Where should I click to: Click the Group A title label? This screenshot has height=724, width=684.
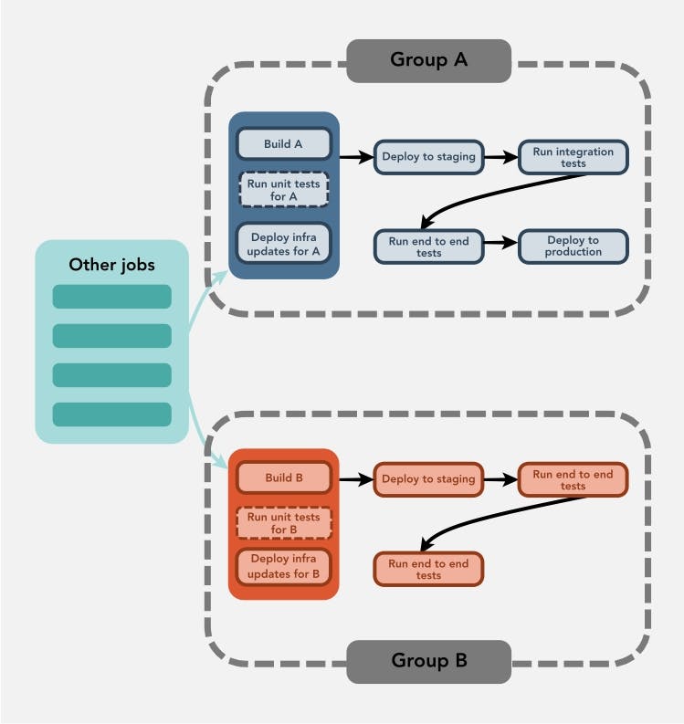(428, 60)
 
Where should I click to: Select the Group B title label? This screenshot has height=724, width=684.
(428, 659)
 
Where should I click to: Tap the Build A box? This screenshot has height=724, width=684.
(283, 143)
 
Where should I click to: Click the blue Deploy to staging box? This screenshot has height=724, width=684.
(428, 156)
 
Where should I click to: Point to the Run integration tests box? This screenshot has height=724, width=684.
(574, 156)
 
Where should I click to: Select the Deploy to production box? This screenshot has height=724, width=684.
(574, 246)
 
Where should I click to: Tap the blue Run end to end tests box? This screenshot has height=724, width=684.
(428, 246)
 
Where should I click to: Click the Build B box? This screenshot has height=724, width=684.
(283, 477)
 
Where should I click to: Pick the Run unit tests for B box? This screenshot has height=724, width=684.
(283, 523)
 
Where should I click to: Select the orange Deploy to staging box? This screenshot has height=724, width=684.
(428, 478)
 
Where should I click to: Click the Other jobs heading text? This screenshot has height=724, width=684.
(112, 265)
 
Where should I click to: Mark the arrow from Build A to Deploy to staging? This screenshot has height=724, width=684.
(356, 156)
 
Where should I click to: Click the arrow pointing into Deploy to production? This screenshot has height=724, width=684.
(500, 243)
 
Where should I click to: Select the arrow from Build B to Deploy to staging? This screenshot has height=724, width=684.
(356, 478)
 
